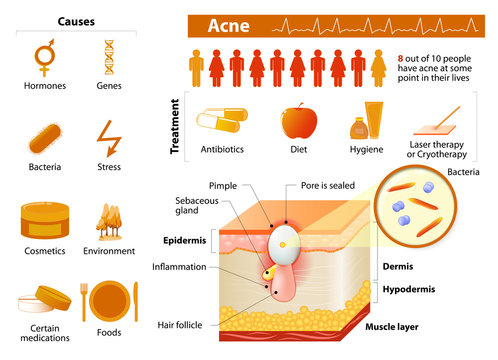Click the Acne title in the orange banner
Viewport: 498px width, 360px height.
(226, 25)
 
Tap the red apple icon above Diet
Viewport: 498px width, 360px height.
(299, 123)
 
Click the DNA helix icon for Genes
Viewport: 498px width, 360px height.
(109, 59)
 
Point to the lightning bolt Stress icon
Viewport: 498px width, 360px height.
(108, 136)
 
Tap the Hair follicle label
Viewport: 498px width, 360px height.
(186, 325)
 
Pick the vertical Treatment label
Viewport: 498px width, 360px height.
(176, 125)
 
